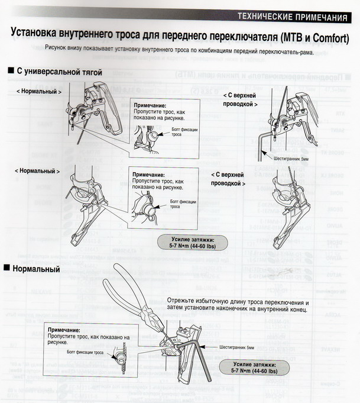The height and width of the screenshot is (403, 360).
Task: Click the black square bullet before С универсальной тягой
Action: (x=10, y=72)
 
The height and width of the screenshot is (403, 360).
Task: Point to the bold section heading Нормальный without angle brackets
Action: (x=38, y=270)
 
